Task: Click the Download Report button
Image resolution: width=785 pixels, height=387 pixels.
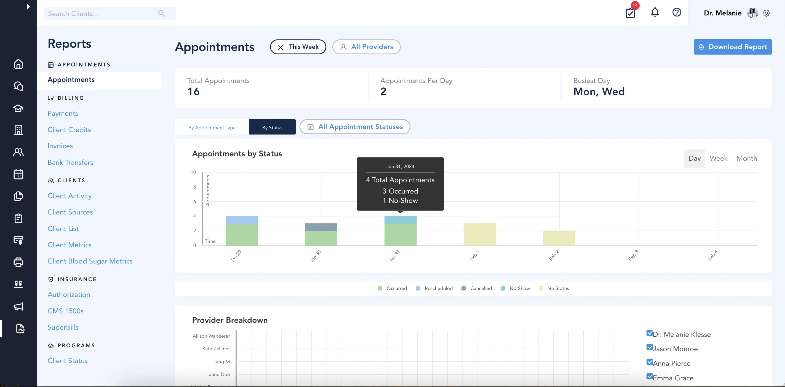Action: coord(732,47)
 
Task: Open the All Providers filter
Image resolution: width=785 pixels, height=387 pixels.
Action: coord(366,47)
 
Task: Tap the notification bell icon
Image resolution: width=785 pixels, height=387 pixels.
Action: coord(655,13)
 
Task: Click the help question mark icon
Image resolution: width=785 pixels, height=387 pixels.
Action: coord(677,13)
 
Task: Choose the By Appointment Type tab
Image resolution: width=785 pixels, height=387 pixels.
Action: coord(212,128)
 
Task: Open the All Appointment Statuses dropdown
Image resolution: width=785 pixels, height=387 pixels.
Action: coord(355,127)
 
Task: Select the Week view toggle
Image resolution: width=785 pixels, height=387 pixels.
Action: coord(718,158)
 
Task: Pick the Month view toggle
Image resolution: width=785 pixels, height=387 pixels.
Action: coord(746,158)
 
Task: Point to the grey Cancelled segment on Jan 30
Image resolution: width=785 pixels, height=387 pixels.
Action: coord(321,227)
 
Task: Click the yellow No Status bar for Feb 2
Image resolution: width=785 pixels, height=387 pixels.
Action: coord(559,238)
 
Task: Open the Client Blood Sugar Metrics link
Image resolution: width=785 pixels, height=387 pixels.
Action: coord(90,261)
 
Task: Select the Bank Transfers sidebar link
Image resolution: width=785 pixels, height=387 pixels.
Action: coord(70,163)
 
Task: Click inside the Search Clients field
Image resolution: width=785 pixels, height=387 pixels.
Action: coord(102,14)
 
